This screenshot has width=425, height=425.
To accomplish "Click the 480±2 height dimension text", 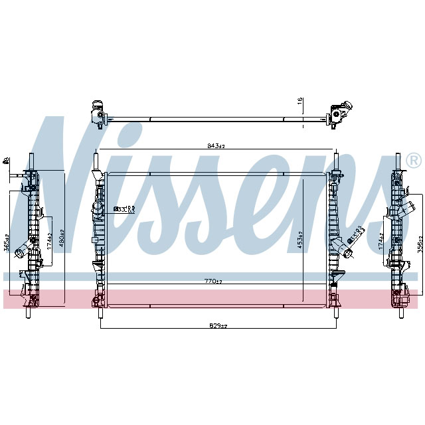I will (x=62, y=237).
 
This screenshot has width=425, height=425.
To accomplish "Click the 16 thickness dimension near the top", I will (x=300, y=102).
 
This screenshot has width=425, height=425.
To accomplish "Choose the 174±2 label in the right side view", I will (x=381, y=240).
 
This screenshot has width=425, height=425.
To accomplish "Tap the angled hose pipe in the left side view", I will (x=22, y=251).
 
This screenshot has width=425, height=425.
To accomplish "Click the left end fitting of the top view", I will (x=98, y=114).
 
